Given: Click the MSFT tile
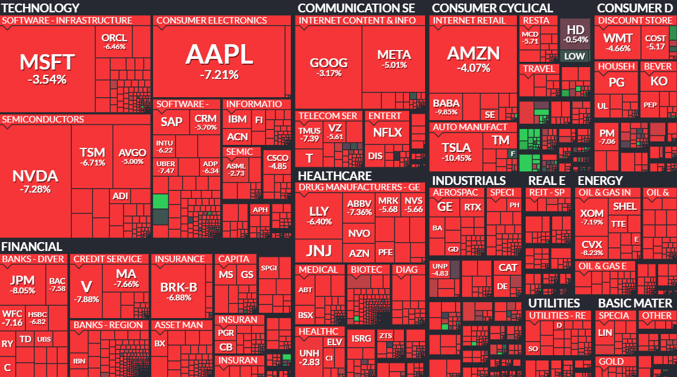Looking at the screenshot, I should [47, 68].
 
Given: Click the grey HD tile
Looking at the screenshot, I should [575, 34].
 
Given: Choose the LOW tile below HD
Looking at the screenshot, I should [575, 57].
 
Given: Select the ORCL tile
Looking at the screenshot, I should [114, 41].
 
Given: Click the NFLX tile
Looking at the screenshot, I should [387, 133].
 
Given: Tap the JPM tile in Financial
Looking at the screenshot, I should [22, 283].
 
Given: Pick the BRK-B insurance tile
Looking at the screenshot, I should [179, 291].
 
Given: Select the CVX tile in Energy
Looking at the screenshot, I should [592, 247].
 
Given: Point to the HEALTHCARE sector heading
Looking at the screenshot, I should [335, 176].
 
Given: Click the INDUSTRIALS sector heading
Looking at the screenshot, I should [469, 180].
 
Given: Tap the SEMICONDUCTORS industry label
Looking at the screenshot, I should [43, 120].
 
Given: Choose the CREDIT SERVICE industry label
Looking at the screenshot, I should [108, 259].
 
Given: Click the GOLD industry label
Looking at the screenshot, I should [610, 362].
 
